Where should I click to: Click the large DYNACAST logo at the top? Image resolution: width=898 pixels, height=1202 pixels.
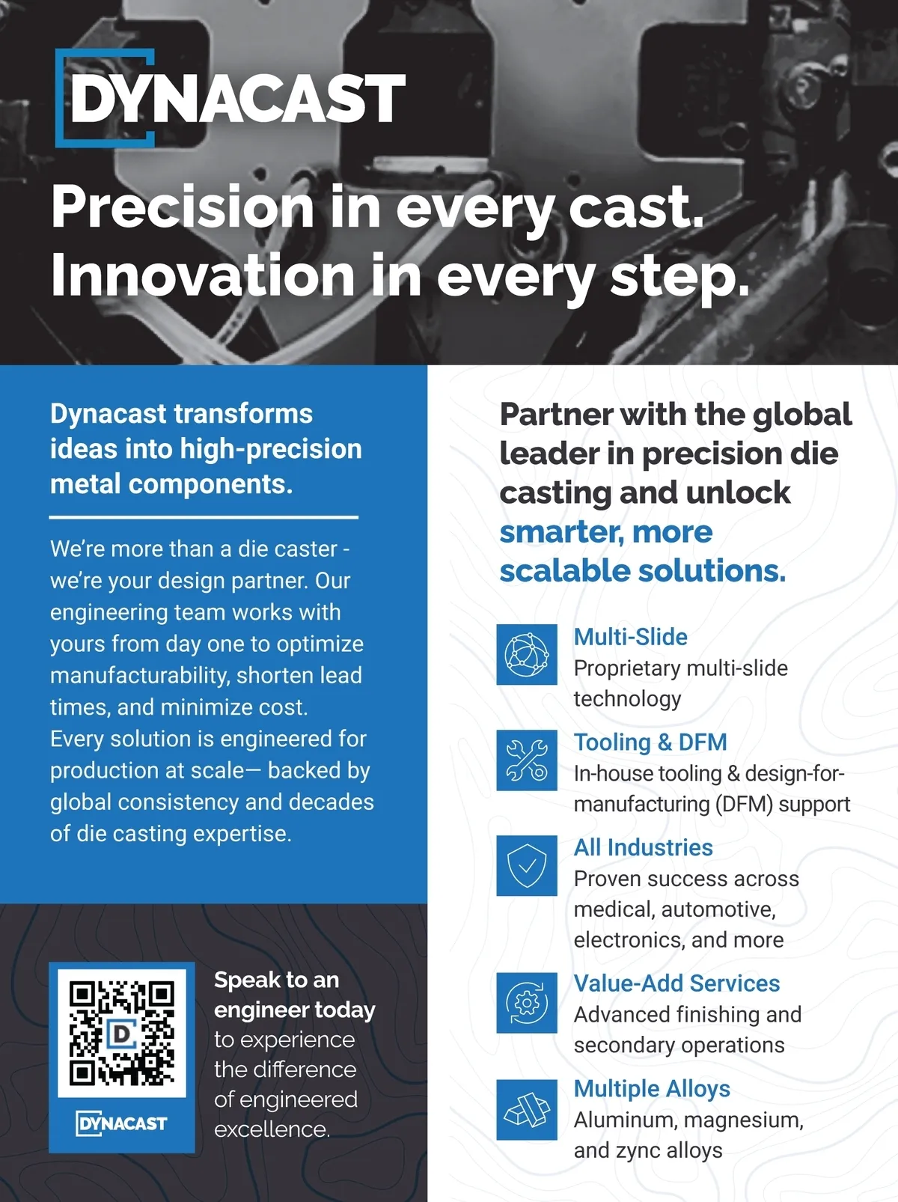click(230, 98)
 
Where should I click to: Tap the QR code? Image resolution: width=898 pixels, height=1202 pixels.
click(122, 1033)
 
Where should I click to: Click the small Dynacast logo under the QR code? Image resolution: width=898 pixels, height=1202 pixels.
click(121, 1123)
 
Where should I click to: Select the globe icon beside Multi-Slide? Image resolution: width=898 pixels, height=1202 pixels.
click(527, 654)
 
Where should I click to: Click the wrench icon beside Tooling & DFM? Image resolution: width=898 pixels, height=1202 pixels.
click(527, 760)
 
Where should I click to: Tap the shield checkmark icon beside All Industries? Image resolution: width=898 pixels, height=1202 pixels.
click(527, 865)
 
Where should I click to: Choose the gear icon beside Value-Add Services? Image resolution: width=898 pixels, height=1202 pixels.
click(527, 1003)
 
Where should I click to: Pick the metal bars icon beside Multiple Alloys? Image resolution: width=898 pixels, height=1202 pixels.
click(527, 1109)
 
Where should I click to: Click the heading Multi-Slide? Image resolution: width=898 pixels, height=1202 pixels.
click(630, 637)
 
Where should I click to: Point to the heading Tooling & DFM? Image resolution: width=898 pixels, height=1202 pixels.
click(650, 742)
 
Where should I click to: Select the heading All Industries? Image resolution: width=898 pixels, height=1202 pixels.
click(644, 848)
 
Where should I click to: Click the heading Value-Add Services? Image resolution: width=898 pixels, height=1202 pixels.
click(676, 983)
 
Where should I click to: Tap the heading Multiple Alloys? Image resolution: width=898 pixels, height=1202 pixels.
click(652, 1089)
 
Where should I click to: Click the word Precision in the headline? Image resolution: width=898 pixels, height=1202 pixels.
click(183, 207)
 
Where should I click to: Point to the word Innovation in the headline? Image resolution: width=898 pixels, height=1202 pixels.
click(203, 275)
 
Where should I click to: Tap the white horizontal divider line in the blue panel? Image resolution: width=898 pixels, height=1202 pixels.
click(204, 517)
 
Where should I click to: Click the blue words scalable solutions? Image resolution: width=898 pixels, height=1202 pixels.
click(643, 571)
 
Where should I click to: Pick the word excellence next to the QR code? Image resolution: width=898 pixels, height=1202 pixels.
click(272, 1129)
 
